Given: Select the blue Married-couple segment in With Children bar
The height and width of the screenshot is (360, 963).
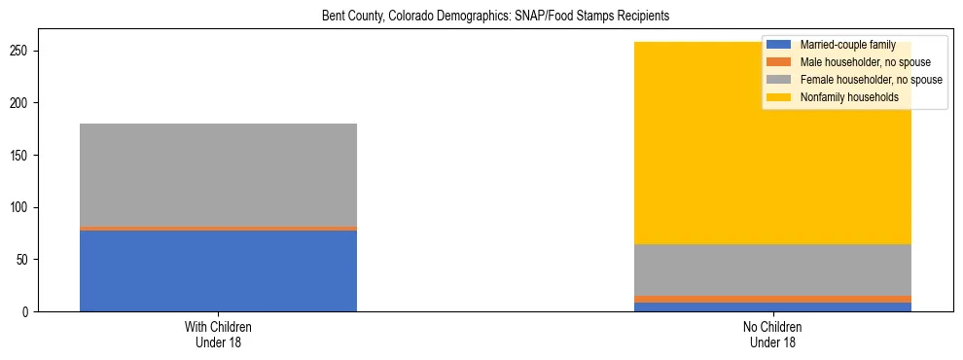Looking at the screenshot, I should click(218, 270).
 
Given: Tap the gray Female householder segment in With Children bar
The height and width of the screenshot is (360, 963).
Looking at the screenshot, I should click(218, 175).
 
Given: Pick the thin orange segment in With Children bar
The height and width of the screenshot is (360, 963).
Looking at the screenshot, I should click(218, 229).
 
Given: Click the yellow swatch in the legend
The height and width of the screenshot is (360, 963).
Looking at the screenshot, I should click(779, 97).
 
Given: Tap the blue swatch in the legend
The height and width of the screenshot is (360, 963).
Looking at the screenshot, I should click(779, 45).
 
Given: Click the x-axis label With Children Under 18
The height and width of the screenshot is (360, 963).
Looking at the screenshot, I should click(218, 334).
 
